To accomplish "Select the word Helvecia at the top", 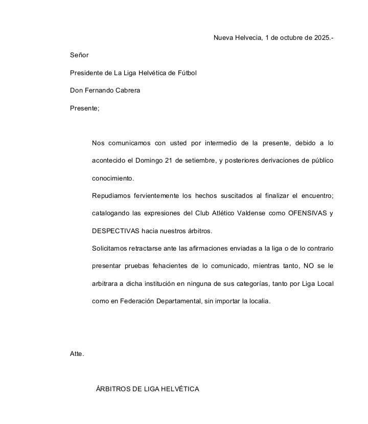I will (x=246, y=38).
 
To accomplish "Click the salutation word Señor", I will (x=79, y=55).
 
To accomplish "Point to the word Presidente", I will (x=87, y=73).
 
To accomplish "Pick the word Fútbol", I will (x=187, y=73).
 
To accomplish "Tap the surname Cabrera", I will (x=127, y=91).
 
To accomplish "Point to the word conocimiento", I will (x=113, y=178).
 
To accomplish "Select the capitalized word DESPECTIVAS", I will (x=116, y=231).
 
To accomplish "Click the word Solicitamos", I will (x=111, y=249).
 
